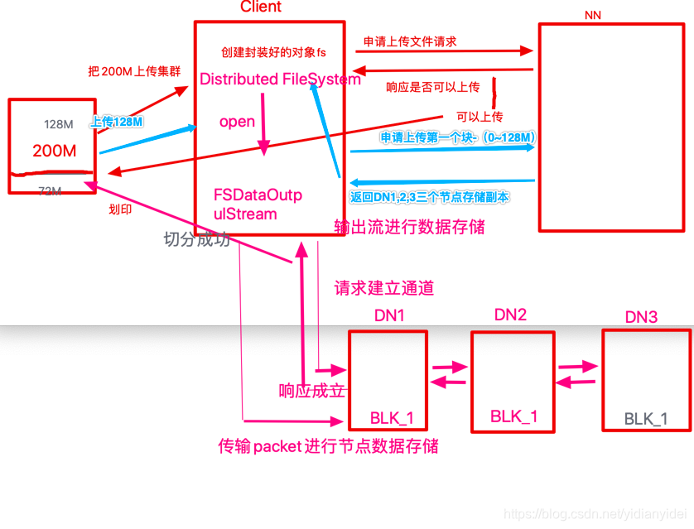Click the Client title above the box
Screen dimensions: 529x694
260,7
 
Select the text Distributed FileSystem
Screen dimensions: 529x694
280,79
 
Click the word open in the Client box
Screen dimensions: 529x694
237,122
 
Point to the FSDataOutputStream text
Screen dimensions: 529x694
258,204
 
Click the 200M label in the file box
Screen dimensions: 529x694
55,151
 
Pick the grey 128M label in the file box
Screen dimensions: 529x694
59,124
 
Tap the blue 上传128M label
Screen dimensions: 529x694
116,121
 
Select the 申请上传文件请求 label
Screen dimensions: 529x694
410,41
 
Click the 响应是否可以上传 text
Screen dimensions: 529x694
433,86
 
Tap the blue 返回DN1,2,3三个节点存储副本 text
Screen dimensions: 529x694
428,197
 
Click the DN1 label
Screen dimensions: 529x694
388,316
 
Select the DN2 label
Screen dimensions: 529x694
510,315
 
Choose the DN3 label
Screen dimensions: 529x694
641,317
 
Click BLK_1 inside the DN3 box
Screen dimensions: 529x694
645,419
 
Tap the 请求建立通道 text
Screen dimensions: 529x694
384,289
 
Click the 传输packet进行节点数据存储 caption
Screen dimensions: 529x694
328,446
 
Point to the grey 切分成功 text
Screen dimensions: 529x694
197,240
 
